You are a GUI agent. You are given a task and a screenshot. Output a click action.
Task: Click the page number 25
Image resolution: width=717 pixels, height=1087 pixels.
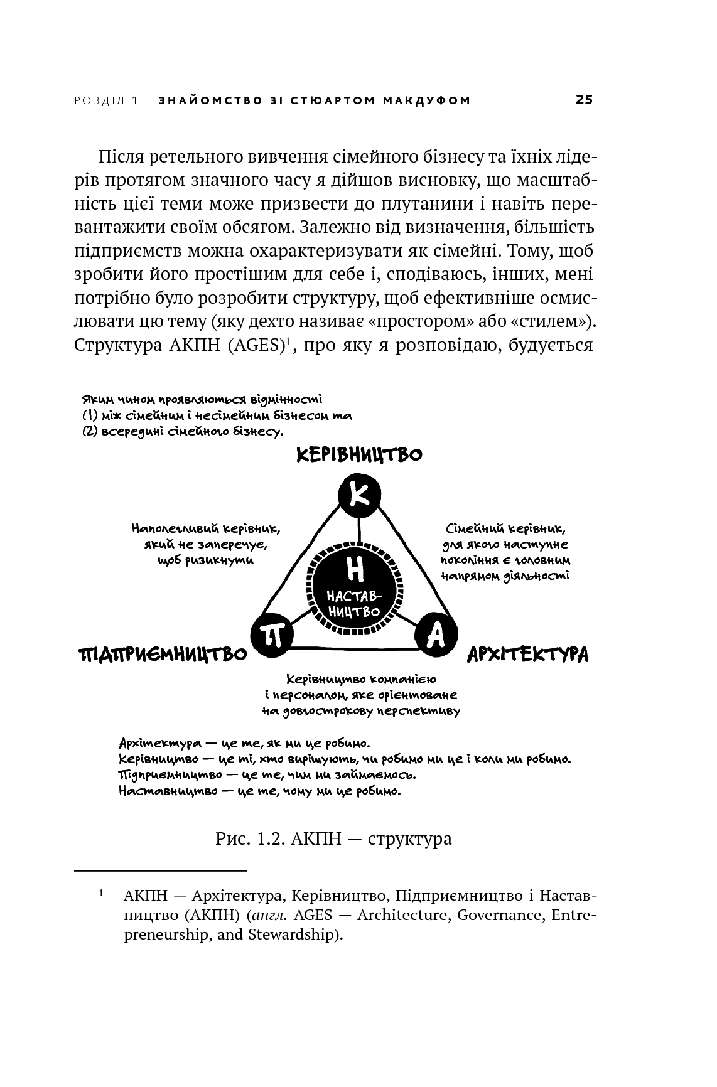click(x=583, y=100)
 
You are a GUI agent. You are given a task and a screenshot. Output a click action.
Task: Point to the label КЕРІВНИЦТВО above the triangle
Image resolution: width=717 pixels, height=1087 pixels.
click(x=358, y=454)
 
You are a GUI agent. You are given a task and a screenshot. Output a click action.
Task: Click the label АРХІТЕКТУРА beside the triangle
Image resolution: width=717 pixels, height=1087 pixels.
click(x=527, y=655)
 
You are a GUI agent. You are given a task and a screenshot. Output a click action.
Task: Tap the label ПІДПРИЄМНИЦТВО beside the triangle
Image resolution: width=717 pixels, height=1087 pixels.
click(x=162, y=655)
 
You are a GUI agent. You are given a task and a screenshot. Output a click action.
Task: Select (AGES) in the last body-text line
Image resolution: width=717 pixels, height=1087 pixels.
click(x=255, y=345)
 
